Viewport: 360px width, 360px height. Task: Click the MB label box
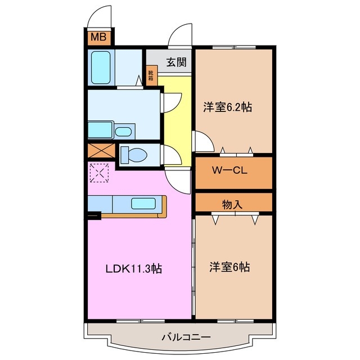point(98,38)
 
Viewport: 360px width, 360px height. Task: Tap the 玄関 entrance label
point(175,62)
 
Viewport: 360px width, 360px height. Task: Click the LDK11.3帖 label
point(134,268)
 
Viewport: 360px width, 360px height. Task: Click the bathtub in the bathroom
point(101,67)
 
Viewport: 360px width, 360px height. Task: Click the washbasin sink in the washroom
point(123,132)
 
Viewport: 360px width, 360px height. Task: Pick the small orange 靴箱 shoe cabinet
point(151,76)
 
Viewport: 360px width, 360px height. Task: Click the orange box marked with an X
point(99,152)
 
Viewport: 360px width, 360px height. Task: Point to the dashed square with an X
point(99,173)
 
